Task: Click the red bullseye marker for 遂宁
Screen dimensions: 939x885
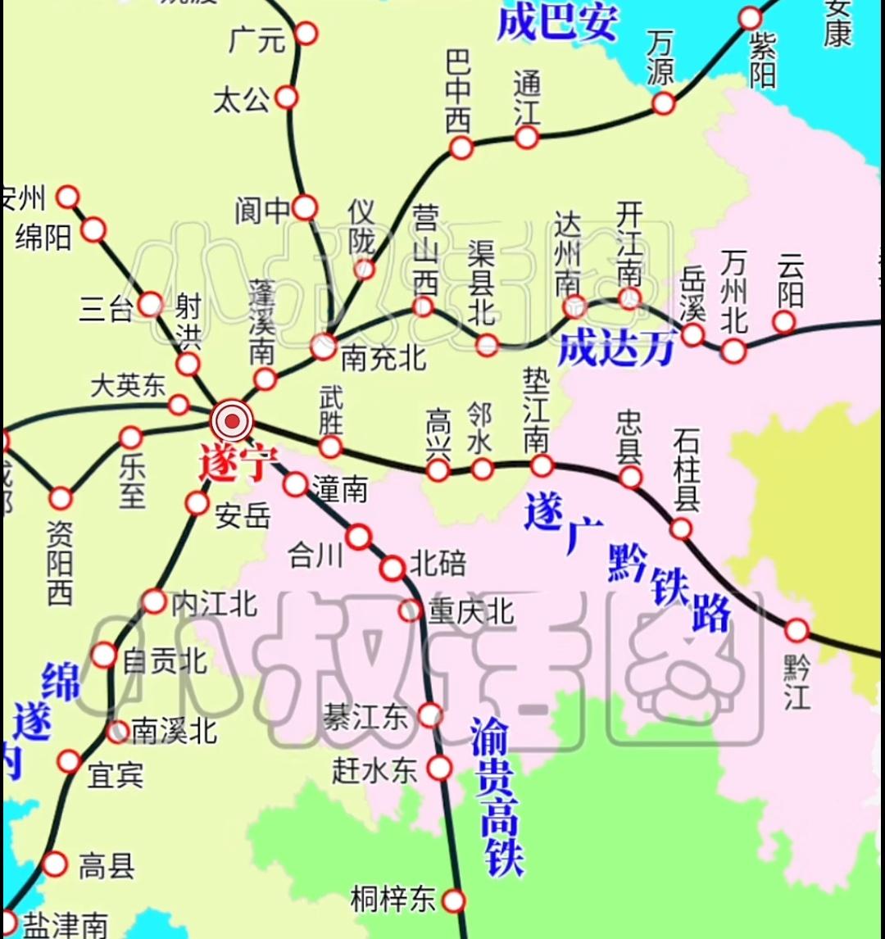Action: pyautogui.click(x=233, y=421)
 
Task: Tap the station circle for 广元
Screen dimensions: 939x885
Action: pyautogui.click(x=306, y=34)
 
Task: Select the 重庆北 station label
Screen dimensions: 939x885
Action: pyautogui.click(x=470, y=611)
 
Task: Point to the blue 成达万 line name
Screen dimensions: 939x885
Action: pyautogui.click(x=616, y=350)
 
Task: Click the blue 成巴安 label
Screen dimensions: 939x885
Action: pyautogui.click(x=556, y=22)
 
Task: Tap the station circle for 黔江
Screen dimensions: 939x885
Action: pyautogui.click(x=796, y=630)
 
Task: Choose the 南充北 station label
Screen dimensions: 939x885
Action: pyautogui.click(x=383, y=358)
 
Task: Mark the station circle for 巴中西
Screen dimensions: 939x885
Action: pyautogui.click(x=461, y=147)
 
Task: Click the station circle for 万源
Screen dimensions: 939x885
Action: pyautogui.click(x=663, y=103)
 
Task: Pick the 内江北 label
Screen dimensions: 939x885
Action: pyautogui.click(x=214, y=604)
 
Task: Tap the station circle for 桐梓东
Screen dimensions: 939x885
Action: pyautogui.click(x=453, y=900)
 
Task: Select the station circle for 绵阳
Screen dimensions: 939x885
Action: pyautogui.click(x=93, y=230)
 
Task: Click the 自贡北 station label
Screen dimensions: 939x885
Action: pyautogui.click(x=164, y=660)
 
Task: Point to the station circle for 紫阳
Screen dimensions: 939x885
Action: pyautogui.click(x=751, y=18)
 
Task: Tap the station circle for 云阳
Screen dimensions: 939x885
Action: pyautogui.click(x=784, y=321)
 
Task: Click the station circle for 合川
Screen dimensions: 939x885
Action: pyautogui.click(x=358, y=537)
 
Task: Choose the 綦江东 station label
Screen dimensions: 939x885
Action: pyautogui.click(x=365, y=718)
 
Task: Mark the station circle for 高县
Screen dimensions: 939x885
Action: pyautogui.click(x=55, y=864)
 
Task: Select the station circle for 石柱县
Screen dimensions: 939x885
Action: pyautogui.click(x=681, y=528)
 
